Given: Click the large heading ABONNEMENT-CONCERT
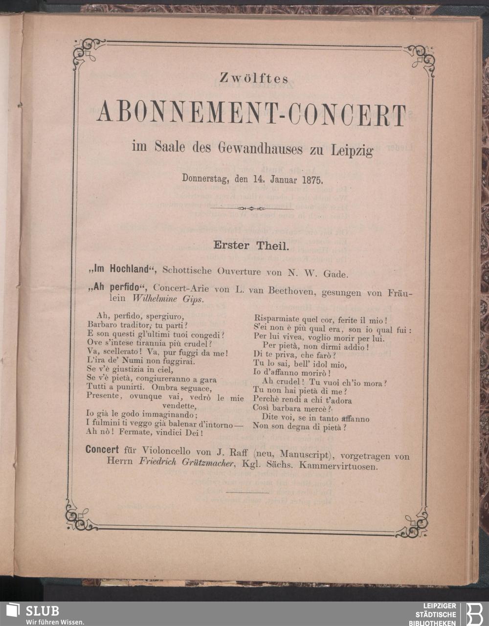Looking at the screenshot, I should [x=252, y=113].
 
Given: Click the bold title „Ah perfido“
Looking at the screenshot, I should [x=118, y=288].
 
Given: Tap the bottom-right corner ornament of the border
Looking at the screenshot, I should [x=414, y=522].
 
